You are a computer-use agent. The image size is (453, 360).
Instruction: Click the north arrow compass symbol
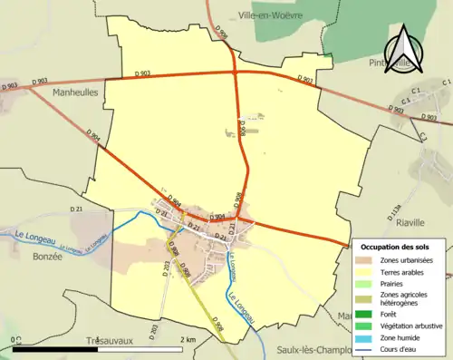[401, 47]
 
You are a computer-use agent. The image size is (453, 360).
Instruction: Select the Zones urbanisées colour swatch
[367, 260]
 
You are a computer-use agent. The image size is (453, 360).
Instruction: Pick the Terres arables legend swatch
[367, 271]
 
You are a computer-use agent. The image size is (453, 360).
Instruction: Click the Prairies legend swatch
[367, 283]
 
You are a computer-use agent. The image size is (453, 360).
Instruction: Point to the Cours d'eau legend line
[367, 348]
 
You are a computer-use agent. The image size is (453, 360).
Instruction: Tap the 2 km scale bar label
[188, 338]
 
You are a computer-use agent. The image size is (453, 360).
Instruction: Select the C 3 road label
[423, 134]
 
